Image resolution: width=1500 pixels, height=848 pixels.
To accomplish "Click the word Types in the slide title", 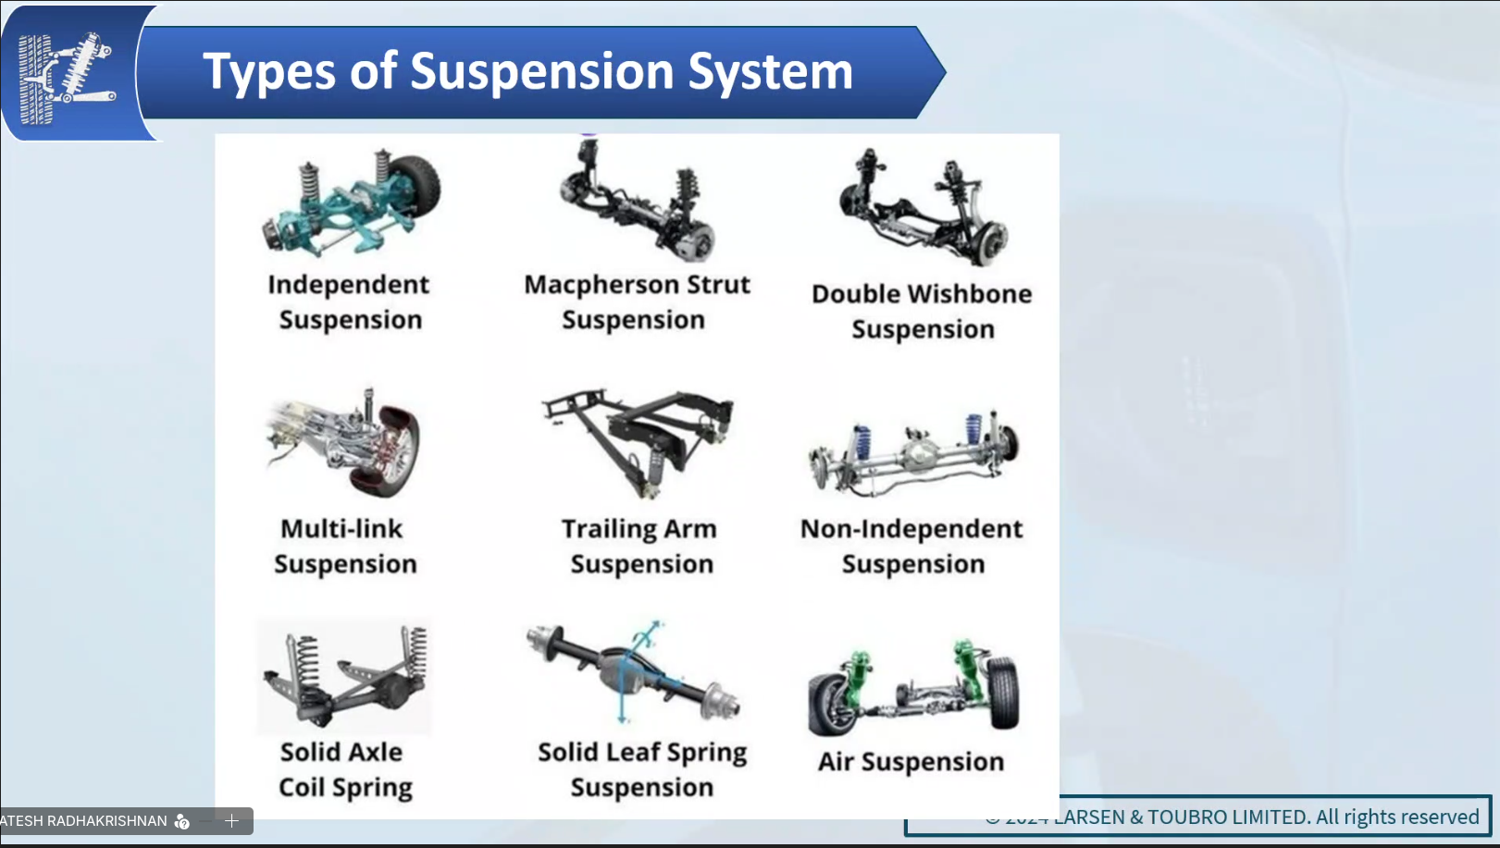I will (269, 72).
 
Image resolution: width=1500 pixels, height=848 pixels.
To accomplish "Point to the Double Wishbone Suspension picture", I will (922, 208).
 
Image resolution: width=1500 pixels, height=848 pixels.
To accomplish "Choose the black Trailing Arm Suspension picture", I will (638, 440).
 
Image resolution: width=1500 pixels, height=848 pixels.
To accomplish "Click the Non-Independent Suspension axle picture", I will (912, 450).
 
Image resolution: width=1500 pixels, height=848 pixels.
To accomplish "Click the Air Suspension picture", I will (912, 690).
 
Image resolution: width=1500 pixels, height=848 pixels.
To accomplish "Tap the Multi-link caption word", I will (341, 529).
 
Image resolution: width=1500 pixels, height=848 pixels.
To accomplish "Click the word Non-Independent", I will (911, 529).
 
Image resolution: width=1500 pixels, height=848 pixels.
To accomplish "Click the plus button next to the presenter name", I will (231, 820).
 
